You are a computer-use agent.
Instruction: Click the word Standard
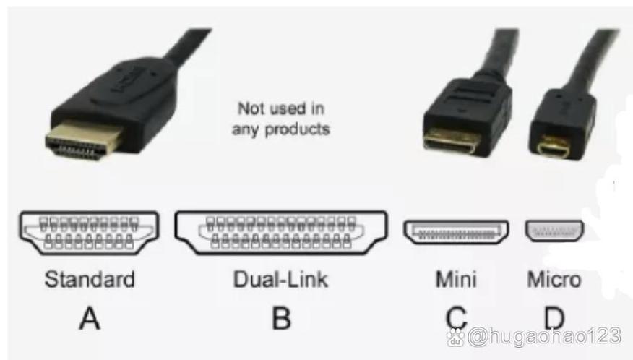[x=90, y=279]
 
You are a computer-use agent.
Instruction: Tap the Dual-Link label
[x=281, y=279]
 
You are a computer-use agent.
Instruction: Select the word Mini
[x=456, y=279]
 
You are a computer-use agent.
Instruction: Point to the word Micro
[x=554, y=279]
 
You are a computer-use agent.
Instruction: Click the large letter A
[x=90, y=318]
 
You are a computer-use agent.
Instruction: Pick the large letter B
[x=281, y=318]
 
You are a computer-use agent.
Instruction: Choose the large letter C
[x=456, y=318]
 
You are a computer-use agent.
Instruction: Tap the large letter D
[x=554, y=318]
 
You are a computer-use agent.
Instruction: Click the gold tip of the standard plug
[x=84, y=142]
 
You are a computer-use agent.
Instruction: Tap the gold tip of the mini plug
[x=452, y=142]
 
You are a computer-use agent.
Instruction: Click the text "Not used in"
[x=281, y=108]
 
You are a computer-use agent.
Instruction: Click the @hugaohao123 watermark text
[x=544, y=336]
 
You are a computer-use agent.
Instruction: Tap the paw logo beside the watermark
[x=456, y=338]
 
